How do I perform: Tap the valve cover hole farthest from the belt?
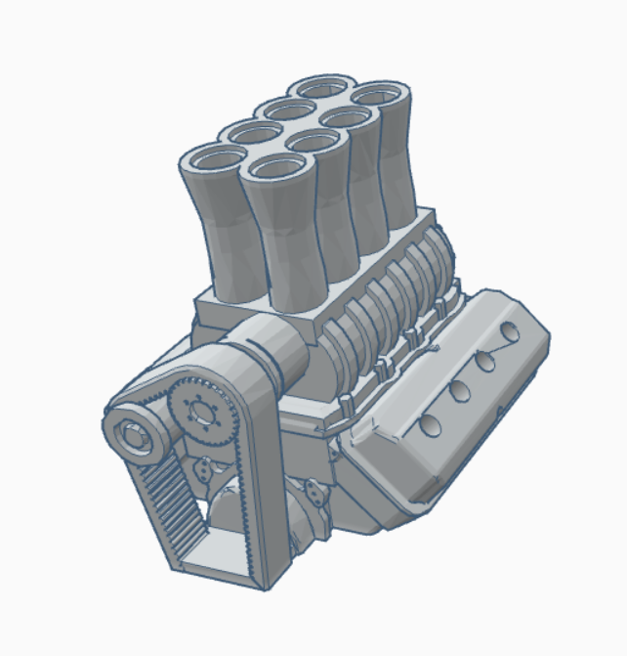(x=509, y=332)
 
